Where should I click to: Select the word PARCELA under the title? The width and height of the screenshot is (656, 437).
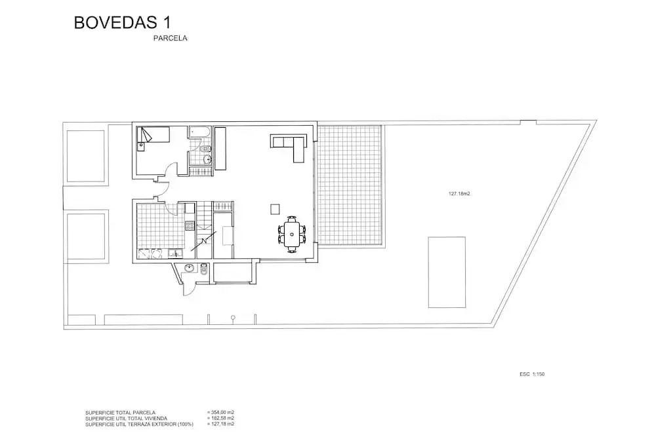pyautogui.click(x=171, y=38)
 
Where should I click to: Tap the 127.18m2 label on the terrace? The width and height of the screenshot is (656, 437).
pyautogui.click(x=459, y=194)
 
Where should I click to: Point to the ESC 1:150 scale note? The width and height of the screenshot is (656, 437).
pyautogui.click(x=532, y=374)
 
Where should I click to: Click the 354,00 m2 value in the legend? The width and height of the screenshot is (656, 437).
pyautogui.click(x=220, y=413)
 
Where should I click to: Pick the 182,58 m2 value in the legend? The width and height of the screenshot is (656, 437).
pyautogui.click(x=220, y=418)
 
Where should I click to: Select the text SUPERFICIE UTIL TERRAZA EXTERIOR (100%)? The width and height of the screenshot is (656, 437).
pyautogui.click(x=139, y=424)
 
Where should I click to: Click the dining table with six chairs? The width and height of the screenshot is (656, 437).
pyautogui.click(x=292, y=234)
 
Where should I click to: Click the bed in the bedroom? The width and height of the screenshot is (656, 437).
pyautogui.click(x=154, y=135)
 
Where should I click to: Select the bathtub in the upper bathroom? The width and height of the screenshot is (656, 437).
pyautogui.click(x=200, y=132)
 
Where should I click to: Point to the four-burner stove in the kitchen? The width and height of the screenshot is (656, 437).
pyautogui.click(x=190, y=225)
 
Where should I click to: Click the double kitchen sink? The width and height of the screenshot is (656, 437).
pyautogui.click(x=151, y=254)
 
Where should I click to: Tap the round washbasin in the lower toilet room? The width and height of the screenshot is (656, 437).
pyautogui.click(x=190, y=268)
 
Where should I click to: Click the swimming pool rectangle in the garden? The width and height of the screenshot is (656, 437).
pyautogui.click(x=447, y=273)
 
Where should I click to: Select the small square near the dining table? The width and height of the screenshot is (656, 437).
pyautogui.click(x=275, y=208)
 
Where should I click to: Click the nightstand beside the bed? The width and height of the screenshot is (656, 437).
pyautogui.click(x=141, y=146)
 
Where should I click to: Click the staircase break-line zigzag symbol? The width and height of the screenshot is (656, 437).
pyautogui.click(x=204, y=241)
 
